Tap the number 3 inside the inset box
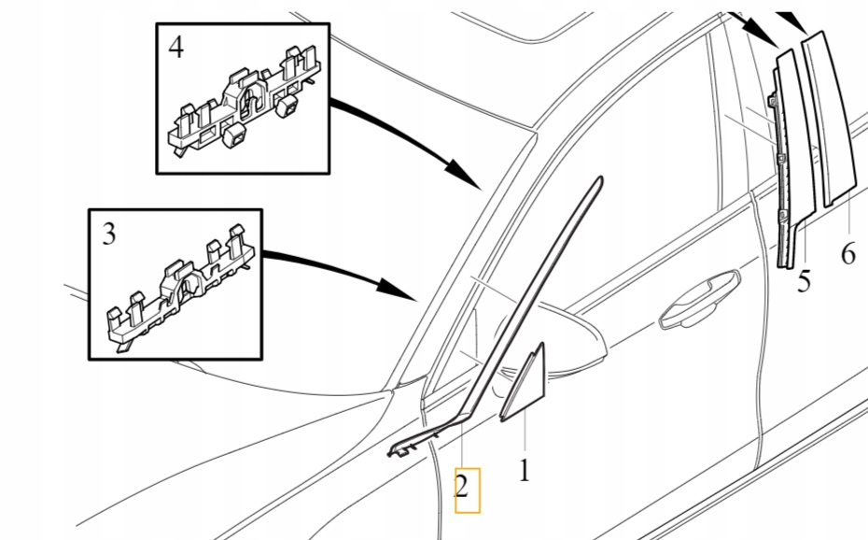click(x=109, y=234)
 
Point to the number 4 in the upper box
click(x=176, y=48)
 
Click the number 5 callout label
click(x=805, y=280)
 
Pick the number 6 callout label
click(x=847, y=253)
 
